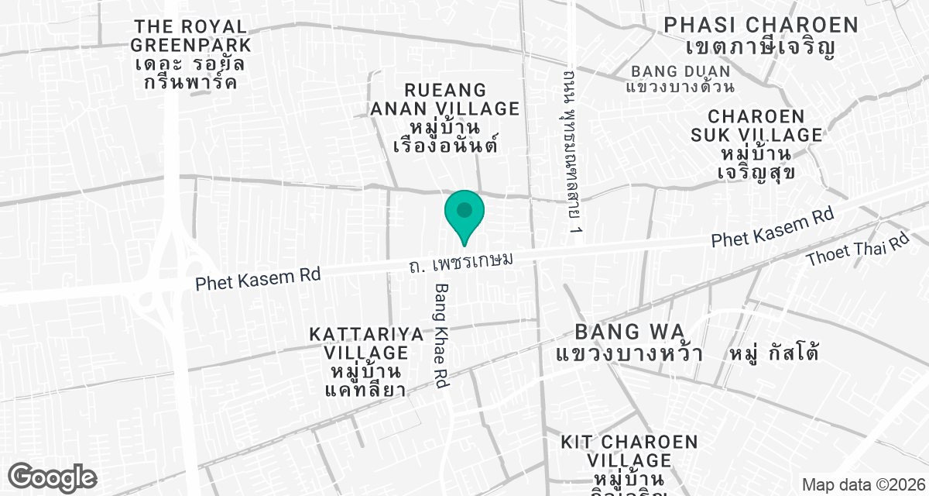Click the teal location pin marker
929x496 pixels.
click(x=464, y=213)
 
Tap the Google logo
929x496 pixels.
click(x=53, y=477)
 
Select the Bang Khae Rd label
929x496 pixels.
click(x=442, y=336)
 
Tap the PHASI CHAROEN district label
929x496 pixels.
click(x=761, y=25)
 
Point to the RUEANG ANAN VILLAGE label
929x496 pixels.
click(x=444, y=99)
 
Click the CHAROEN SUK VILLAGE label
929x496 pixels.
click(x=756, y=126)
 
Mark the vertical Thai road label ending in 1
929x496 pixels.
click(x=573, y=152)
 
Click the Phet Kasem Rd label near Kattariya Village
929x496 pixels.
click(x=258, y=277)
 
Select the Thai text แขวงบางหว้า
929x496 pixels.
click(x=629, y=354)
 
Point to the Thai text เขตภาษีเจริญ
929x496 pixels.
click(x=760, y=46)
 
